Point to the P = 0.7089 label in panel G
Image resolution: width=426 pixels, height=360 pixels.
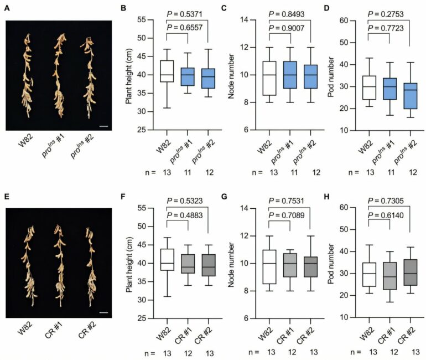click(x=289, y=214)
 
